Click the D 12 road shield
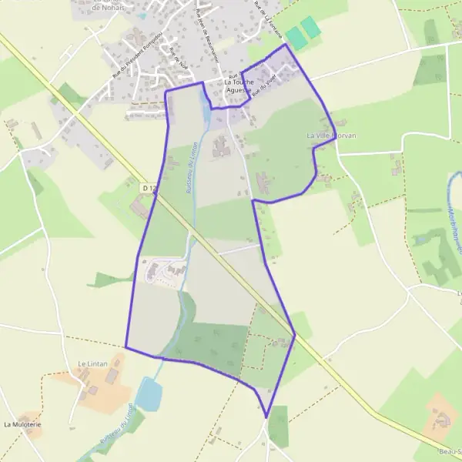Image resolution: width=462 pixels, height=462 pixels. (149, 187)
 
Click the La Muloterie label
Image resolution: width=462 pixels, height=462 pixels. (22, 424)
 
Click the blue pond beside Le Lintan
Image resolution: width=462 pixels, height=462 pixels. (149, 393)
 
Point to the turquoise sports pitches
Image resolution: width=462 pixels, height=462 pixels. (303, 32)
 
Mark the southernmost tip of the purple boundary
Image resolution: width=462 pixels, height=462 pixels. (266, 418)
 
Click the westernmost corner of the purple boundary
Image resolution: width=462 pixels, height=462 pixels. (126, 347)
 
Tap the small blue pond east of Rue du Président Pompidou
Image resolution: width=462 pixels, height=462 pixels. (142, 15)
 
